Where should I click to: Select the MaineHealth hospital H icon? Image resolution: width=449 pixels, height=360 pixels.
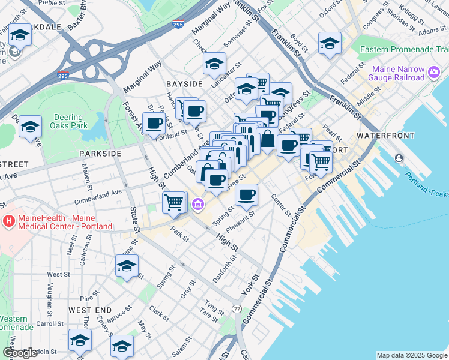(x=8, y=221)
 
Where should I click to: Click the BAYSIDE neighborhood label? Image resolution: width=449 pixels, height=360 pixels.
(x=184, y=85)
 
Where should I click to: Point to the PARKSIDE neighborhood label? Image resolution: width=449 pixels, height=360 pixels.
(x=100, y=154)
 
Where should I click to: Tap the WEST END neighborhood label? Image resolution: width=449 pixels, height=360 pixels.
(x=90, y=310)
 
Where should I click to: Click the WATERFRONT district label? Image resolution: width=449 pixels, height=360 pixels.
(x=386, y=136)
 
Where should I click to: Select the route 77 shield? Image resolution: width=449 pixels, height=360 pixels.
(x=237, y=308)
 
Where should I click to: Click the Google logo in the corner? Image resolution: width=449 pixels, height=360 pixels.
(x=19, y=352)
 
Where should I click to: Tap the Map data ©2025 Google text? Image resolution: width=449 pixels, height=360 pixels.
(x=411, y=355)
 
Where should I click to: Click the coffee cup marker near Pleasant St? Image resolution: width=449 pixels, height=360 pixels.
(x=246, y=194)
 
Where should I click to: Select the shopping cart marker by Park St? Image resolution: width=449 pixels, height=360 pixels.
(x=174, y=202)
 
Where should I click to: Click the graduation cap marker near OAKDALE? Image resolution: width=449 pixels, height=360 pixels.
(x=20, y=35)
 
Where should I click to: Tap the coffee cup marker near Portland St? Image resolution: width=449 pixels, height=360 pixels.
(x=154, y=123)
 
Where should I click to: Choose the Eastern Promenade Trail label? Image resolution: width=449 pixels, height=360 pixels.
(x=403, y=49)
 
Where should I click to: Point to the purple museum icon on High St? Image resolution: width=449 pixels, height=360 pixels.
(x=197, y=206)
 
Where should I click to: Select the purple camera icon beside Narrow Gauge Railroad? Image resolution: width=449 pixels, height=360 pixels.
(x=434, y=73)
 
